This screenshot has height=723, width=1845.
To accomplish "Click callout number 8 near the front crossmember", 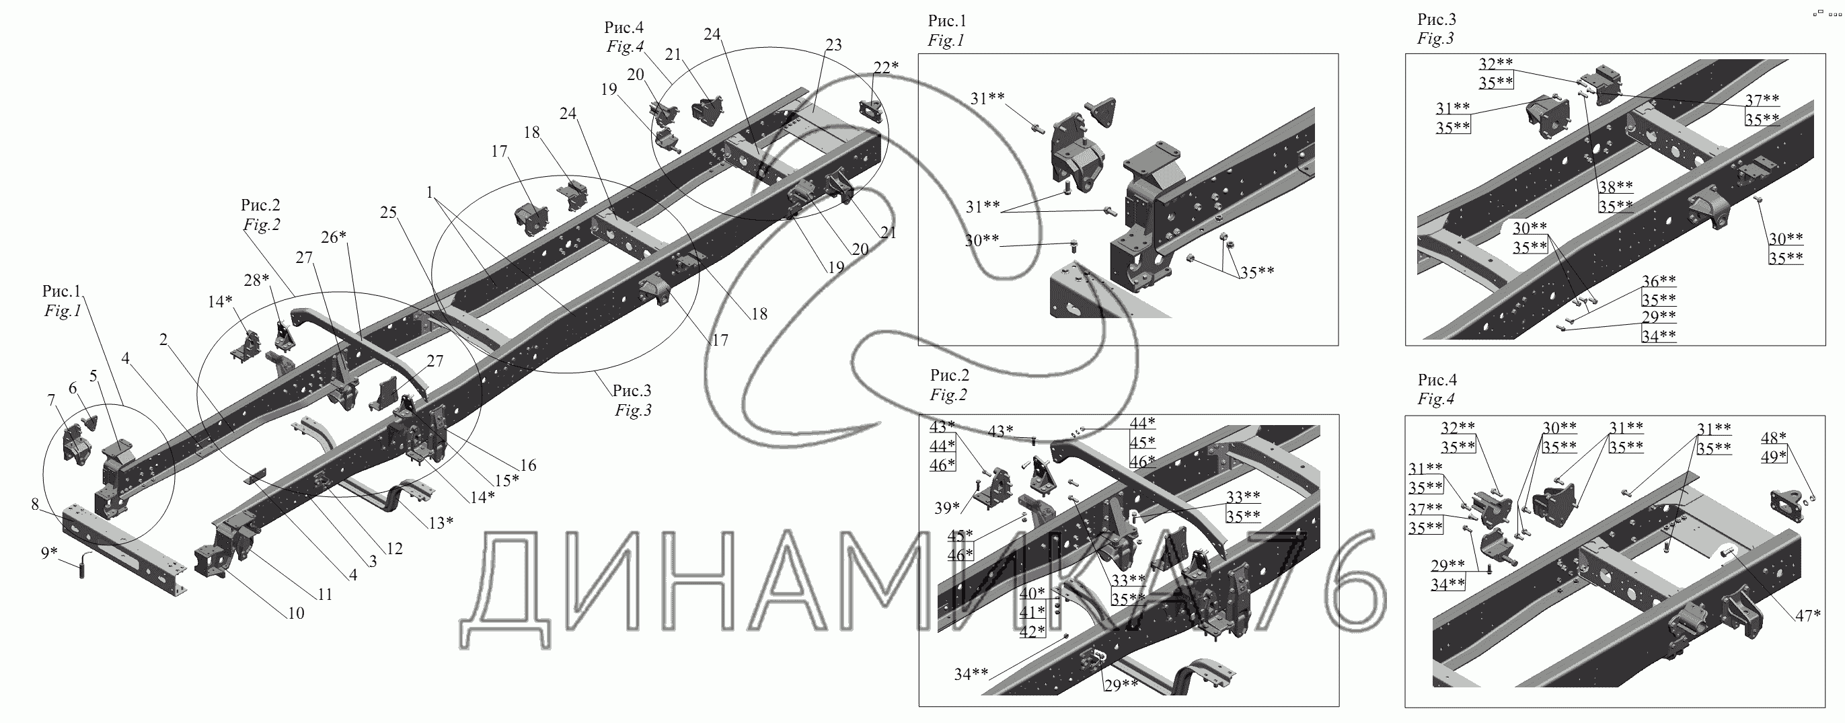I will pyautogui.click(x=34, y=504).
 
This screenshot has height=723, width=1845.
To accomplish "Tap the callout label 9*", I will pyautogui.click(x=48, y=553).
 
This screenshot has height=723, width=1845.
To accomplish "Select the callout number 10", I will pyautogui.click(x=296, y=613).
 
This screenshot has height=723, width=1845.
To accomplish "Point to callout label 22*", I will pyautogui.click(x=885, y=67).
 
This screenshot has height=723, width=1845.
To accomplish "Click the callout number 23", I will pyautogui.click(x=833, y=45).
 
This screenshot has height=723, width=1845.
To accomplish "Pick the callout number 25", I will pyautogui.click(x=388, y=213).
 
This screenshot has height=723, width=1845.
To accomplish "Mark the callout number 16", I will pyautogui.click(x=528, y=465).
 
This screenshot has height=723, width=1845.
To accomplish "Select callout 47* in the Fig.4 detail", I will pyautogui.click(x=1808, y=615).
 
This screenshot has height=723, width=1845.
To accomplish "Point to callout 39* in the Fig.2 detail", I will pyautogui.click(x=947, y=508).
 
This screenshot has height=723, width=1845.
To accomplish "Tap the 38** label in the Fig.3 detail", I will pyautogui.click(x=1615, y=187).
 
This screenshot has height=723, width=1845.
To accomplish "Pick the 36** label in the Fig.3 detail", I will pyautogui.click(x=1659, y=280).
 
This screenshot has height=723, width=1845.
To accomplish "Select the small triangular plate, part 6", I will pyautogui.click(x=90, y=421).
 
